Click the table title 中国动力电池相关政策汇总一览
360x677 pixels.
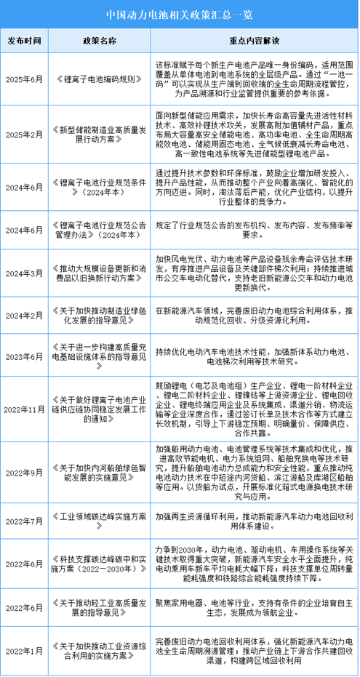pos(180,13)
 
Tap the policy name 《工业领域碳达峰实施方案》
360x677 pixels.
pos(101,521)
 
